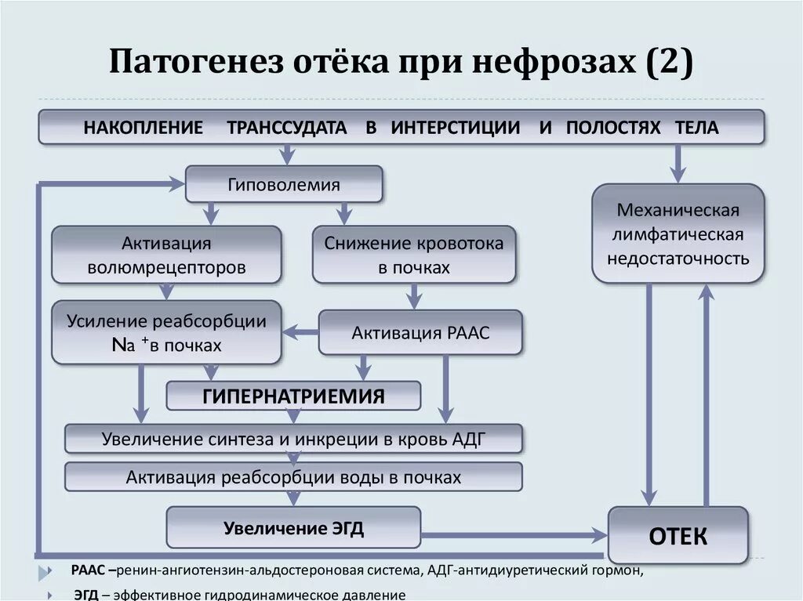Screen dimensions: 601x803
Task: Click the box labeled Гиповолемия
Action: [284, 185]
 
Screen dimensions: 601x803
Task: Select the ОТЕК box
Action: [678, 536]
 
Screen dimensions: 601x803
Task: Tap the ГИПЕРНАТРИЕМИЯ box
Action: [293, 396]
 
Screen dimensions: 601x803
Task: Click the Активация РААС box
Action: [420, 332]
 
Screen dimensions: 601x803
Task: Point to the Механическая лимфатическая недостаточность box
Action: [678, 234]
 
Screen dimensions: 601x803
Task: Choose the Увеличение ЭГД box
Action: [293, 527]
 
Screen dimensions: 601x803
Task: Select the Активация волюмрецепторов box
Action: [166, 255]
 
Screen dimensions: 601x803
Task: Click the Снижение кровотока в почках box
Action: [414, 255]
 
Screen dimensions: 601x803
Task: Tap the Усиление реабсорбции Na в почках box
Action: [166, 332]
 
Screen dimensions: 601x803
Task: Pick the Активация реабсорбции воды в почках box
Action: [293, 476]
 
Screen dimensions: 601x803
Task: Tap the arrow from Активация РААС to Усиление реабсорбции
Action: [300, 332]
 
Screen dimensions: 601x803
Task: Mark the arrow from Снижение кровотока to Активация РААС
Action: [414, 296]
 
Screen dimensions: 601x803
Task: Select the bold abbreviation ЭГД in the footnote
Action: [86, 595]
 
